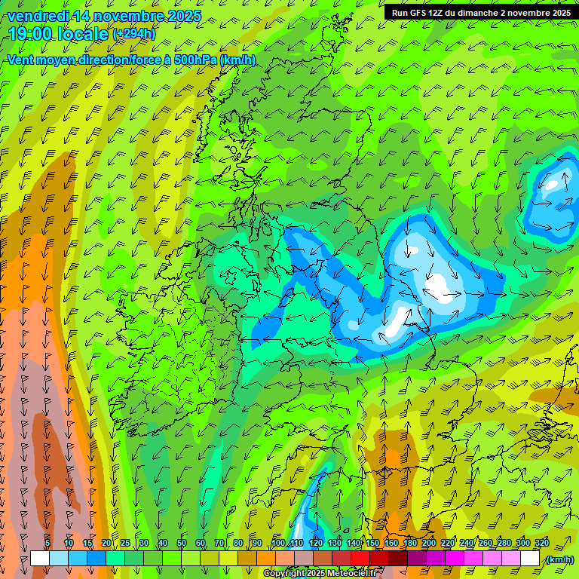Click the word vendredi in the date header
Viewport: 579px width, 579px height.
(38, 16)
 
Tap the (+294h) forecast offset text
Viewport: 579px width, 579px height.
(133, 34)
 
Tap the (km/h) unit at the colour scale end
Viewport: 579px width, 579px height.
(559, 559)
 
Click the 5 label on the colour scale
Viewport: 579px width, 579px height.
(47, 544)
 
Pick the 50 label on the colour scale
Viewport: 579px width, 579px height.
(182, 544)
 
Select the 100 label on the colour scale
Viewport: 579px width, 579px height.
(278, 544)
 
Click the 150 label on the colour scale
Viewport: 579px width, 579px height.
(372, 544)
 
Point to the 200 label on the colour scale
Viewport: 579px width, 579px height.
(429, 544)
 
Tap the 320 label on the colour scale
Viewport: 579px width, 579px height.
(542, 544)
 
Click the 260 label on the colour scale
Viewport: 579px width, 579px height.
(486, 544)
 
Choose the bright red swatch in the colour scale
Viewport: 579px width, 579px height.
(361, 559)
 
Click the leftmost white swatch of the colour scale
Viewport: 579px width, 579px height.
(40, 559)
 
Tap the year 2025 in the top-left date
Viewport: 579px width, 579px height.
(184, 16)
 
